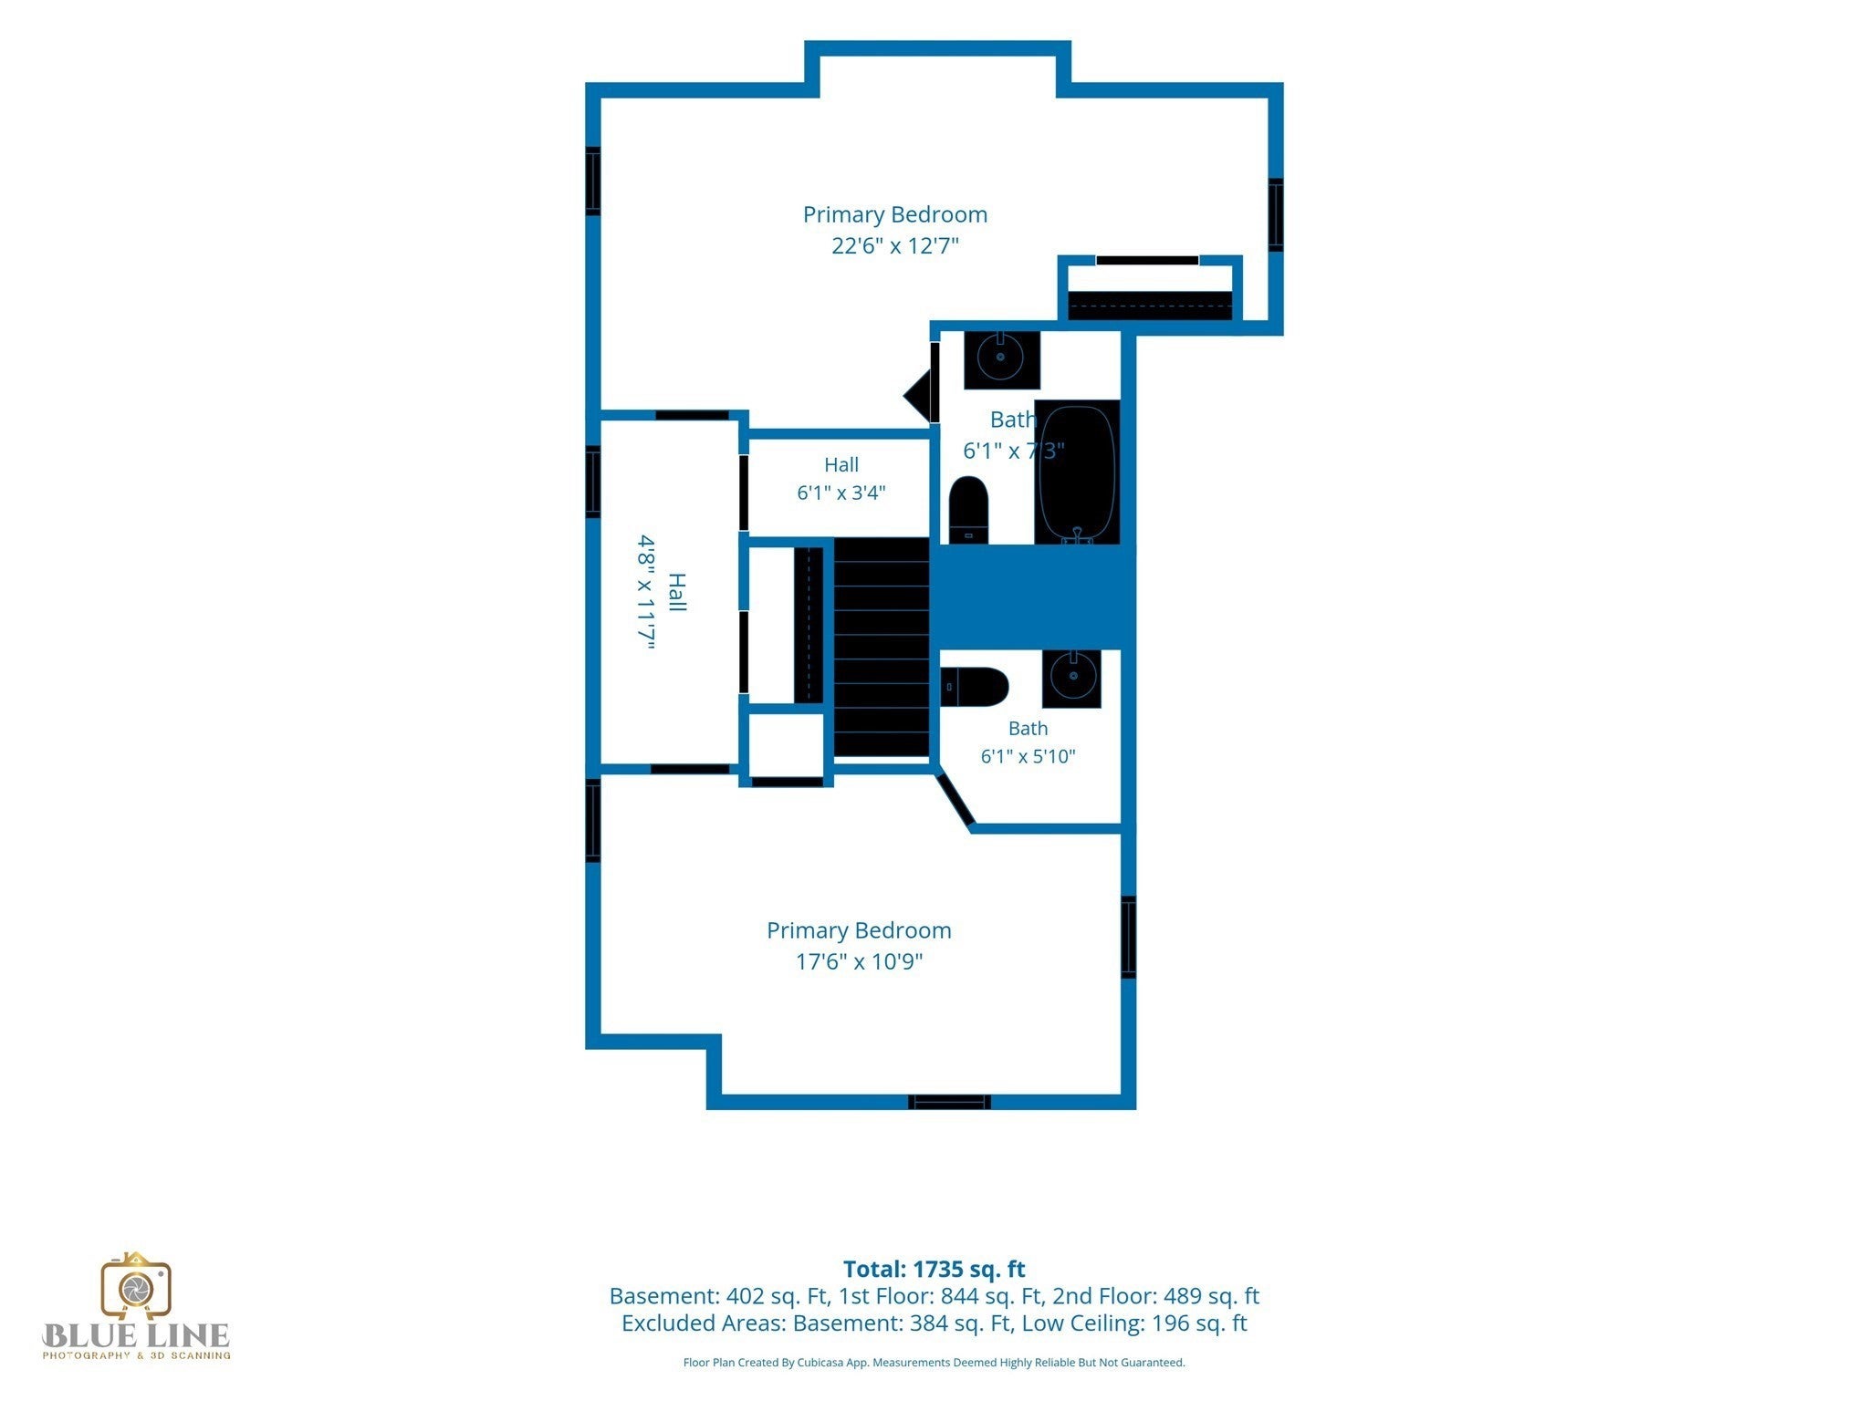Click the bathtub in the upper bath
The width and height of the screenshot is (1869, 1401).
pyautogui.click(x=1077, y=472)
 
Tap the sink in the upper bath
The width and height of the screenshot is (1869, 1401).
pyautogui.click(x=1002, y=360)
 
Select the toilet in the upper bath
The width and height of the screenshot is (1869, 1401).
pyautogui.click(x=968, y=510)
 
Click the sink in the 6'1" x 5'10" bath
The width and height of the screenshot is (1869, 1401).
pyautogui.click(x=1071, y=678)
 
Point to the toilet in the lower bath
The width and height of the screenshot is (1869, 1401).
pyautogui.click(x=975, y=687)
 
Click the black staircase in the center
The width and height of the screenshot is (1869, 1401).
pyautogui.click(x=882, y=647)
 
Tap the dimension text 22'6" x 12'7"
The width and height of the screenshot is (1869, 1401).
pyautogui.click(x=895, y=246)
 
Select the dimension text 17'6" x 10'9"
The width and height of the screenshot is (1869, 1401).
pyautogui.click(x=859, y=962)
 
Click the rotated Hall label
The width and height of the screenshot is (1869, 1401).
pyautogui.click(x=676, y=592)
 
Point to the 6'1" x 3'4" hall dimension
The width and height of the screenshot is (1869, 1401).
pyautogui.click(x=841, y=493)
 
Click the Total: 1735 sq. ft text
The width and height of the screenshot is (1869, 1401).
pyautogui.click(x=934, y=1269)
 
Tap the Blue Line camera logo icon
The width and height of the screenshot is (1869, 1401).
pyautogui.click(x=136, y=1286)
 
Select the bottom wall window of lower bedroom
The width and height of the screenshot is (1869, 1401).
pyautogui.click(x=949, y=1102)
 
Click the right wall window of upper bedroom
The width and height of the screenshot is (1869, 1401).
pyautogui.click(x=1276, y=215)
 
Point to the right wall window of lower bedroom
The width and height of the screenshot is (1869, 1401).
pyautogui.click(x=1129, y=937)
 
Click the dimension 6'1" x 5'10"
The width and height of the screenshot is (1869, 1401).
pyautogui.click(x=1028, y=756)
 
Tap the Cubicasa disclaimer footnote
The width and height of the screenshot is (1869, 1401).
pyautogui.click(x=934, y=1363)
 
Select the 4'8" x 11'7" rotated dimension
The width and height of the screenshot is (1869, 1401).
pyautogui.click(x=646, y=592)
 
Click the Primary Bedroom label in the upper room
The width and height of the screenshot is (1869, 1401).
pyautogui.click(x=895, y=214)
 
